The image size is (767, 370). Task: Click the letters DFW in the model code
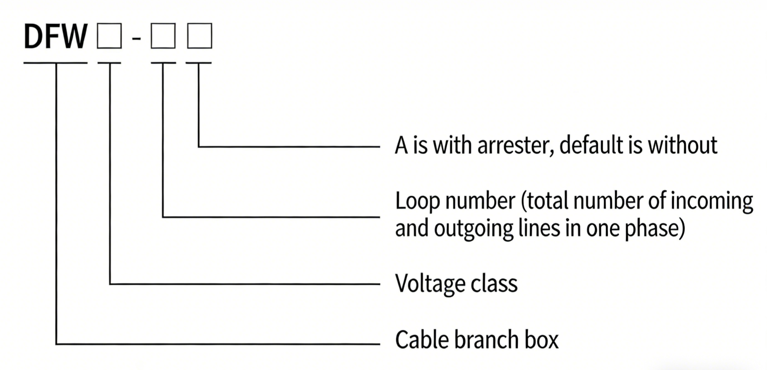point(55,36)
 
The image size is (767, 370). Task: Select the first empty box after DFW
point(109,36)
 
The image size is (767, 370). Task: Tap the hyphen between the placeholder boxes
point(136,38)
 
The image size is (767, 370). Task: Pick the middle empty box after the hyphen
point(163,36)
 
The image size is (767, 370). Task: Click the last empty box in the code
point(200,36)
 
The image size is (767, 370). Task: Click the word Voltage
point(426,284)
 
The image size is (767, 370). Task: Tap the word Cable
point(421,340)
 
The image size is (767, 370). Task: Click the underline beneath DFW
point(55,63)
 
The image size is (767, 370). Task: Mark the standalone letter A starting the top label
point(401,146)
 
